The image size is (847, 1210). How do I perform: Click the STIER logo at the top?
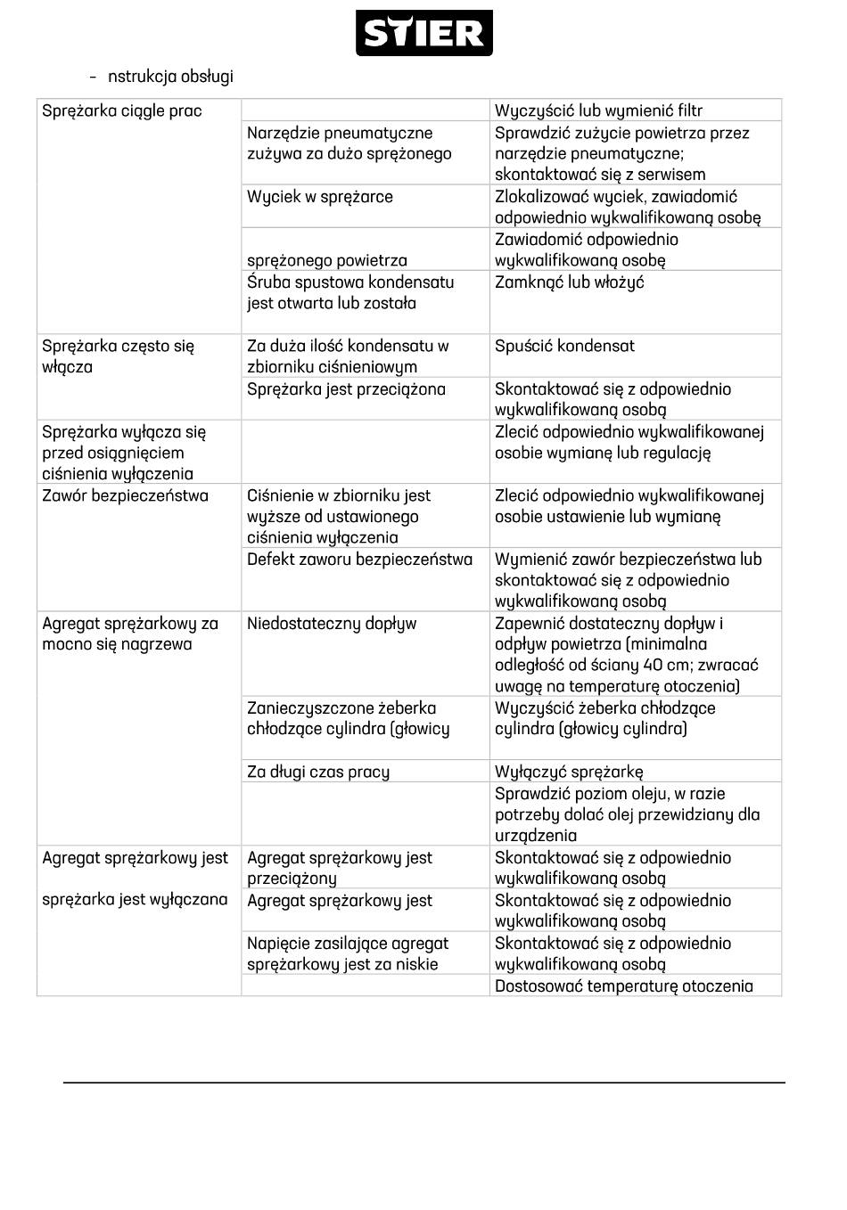click(423, 34)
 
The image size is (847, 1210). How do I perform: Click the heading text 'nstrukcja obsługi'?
click(170, 77)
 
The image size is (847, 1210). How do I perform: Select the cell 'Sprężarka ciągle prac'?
click(122, 111)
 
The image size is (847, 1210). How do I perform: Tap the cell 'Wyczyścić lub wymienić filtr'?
click(598, 111)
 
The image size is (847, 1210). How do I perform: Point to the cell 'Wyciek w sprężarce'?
click(319, 197)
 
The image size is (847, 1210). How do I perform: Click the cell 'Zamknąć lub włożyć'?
click(569, 282)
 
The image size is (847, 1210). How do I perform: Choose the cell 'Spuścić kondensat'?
click(564, 346)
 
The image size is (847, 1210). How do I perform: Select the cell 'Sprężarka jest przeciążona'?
click(346, 389)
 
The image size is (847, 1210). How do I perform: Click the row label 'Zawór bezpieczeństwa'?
click(125, 496)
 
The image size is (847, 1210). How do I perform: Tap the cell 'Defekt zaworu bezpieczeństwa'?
click(359, 560)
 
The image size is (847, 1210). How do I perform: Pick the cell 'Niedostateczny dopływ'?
click(332, 624)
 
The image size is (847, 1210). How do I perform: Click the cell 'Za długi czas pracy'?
click(318, 772)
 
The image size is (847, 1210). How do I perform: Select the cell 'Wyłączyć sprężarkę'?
click(569, 772)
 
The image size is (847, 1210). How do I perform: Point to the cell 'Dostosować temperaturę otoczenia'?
click(623, 986)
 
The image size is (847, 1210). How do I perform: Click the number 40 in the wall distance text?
click(654, 665)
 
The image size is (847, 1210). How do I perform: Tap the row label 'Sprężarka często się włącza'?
click(118, 356)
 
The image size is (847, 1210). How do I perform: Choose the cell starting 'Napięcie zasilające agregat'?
click(348, 953)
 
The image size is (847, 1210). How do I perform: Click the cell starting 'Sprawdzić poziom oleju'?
click(627, 814)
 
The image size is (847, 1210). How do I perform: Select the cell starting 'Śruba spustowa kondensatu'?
click(350, 292)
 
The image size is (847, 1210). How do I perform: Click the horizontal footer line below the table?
click(423, 1083)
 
